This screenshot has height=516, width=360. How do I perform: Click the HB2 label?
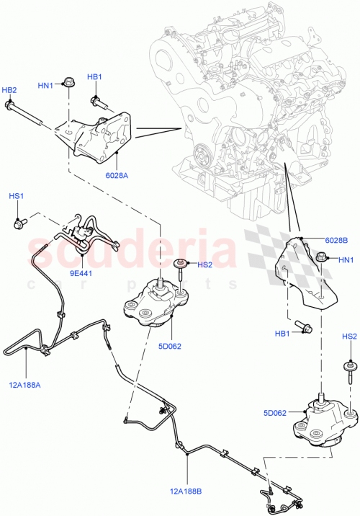pos(9,90)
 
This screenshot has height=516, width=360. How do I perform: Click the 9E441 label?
pos(80,273)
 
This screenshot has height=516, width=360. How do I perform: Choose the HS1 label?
pos(16,197)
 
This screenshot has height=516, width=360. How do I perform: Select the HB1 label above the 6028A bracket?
pos(94,77)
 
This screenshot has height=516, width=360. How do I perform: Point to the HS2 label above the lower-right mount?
pos(349,337)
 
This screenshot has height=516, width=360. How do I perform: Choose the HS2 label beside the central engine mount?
pos(205,264)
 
